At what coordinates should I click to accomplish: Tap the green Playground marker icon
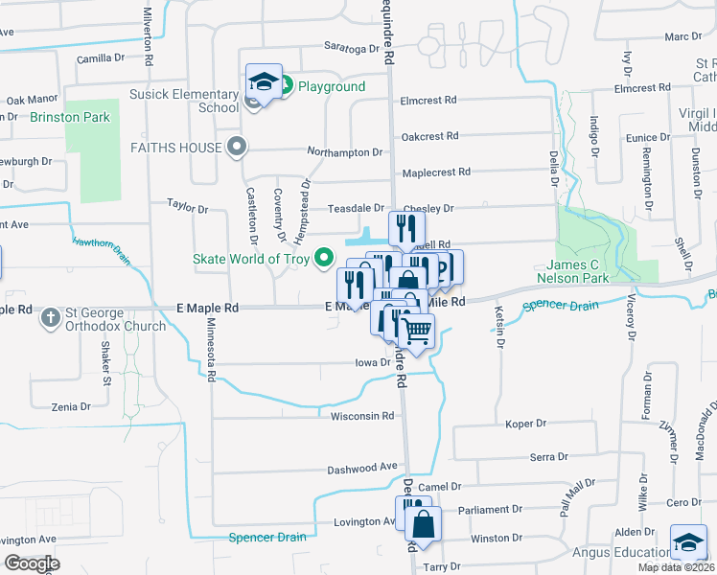[285, 86]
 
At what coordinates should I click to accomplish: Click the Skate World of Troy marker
[325, 259]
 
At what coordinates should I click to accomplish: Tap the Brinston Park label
[70, 118]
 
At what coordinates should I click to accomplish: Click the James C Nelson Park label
[591, 271]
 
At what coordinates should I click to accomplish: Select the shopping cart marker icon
[415, 332]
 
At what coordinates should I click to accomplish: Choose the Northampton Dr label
[344, 152]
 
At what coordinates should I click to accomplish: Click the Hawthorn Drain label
[100, 248]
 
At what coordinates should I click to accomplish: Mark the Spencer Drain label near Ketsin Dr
[560, 307]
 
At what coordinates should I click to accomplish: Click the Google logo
[32, 563]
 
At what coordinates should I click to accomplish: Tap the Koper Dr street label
[525, 423]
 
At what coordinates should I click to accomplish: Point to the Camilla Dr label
[101, 57]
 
